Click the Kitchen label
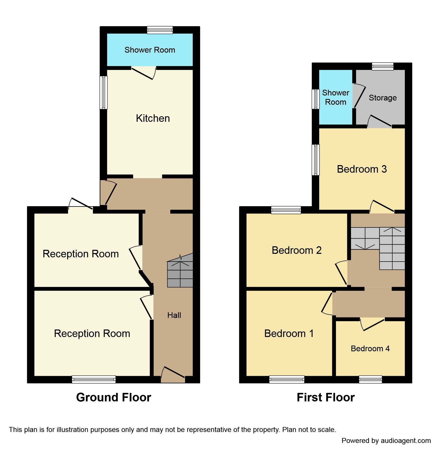coord(153,118)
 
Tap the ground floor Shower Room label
coord(150,50)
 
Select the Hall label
coord(174,315)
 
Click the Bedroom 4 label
coord(370,348)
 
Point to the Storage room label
coord(383,98)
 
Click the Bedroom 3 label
coord(362,169)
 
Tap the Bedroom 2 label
coord(296,250)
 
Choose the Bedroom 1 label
coord(289,333)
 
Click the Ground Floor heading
coord(114,397)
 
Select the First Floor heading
coord(325,397)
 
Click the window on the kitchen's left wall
coord(104,92)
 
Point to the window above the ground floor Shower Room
coord(160,30)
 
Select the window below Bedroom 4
coord(370,379)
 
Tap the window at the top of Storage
coord(383,66)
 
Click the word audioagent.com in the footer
coord(405,440)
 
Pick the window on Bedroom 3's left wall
coord(316,160)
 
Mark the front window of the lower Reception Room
coord(94,379)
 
